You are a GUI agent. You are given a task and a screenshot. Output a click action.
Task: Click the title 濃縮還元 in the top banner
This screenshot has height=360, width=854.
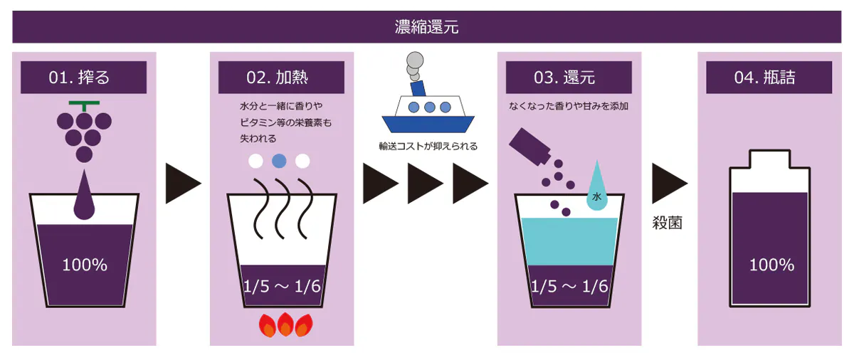(x=427, y=28)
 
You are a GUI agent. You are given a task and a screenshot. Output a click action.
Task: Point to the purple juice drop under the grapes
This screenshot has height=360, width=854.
(x=84, y=197)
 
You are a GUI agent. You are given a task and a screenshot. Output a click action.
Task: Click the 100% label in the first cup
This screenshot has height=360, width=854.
(x=84, y=265)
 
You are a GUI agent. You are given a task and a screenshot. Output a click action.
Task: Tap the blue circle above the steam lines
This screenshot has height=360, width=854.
(x=280, y=160)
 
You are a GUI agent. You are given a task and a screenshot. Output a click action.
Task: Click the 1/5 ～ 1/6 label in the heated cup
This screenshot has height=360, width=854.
(x=283, y=286)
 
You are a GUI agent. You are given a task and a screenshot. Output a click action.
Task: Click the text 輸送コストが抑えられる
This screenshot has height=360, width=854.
(x=428, y=147)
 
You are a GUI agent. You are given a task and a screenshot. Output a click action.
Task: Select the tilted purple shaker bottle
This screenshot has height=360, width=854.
(x=529, y=149)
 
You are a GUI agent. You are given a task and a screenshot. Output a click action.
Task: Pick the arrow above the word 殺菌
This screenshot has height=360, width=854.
(x=669, y=183)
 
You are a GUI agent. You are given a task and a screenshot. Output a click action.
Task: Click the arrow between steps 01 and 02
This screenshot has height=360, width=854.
(x=183, y=183)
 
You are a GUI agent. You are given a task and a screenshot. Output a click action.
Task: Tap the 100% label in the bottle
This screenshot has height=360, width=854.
(x=771, y=265)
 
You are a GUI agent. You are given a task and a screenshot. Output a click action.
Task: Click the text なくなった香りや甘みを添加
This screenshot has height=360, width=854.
(x=569, y=107)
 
